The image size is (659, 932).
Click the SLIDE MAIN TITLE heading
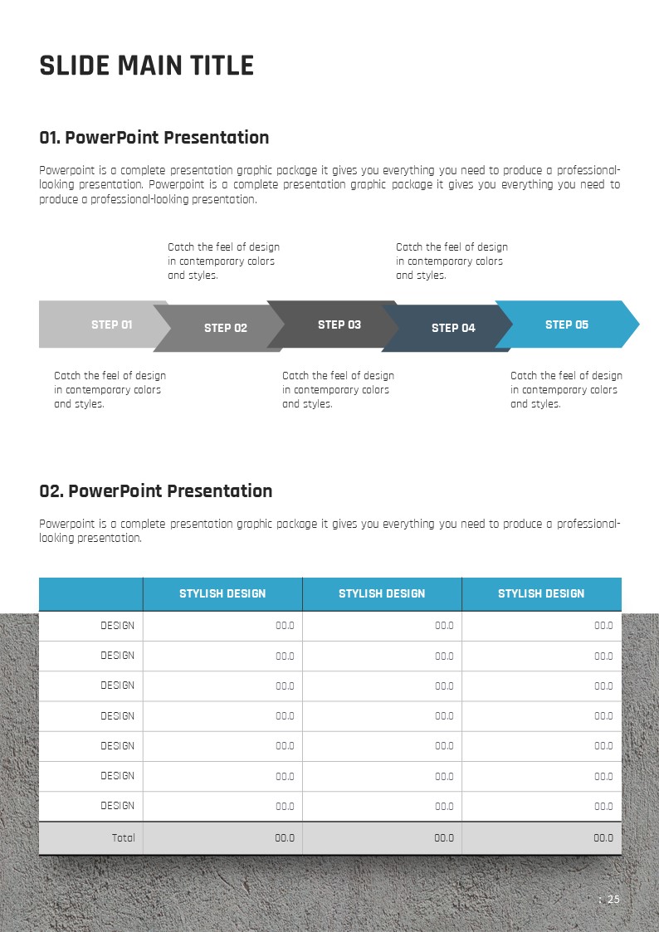click(147, 66)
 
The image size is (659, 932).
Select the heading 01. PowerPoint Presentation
click(154, 138)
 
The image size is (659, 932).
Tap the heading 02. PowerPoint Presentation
click(156, 491)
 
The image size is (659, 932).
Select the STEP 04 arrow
click(453, 328)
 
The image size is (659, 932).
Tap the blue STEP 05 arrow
click(567, 324)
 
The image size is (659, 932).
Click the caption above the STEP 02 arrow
click(223, 261)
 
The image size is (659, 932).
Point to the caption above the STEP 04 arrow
click(452, 261)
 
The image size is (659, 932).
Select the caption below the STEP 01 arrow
click(110, 390)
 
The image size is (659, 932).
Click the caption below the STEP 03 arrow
click(338, 390)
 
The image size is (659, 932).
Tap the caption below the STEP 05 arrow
click(566, 390)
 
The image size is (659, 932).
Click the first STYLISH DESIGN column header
click(222, 593)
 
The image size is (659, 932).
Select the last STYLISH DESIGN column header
click(541, 593)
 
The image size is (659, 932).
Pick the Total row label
click(123, 838)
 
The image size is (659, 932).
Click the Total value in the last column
click(603, 838)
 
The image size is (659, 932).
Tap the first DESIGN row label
click(117, 626)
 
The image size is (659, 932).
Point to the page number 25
click(613, 900)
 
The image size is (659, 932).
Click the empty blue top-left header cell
click(90, 593)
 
